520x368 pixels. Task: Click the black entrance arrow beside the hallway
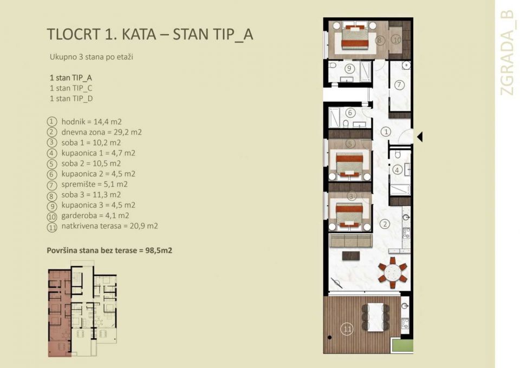[x=419, y=137]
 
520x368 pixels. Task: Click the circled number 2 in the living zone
[x=384, y=224]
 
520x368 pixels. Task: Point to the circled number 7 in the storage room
[x=399, y=85]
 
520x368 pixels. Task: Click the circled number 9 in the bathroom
[x=349, y=68]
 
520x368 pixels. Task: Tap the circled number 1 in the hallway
[x=385, y=131]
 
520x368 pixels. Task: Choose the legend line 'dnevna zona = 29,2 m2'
[x=101, y=132]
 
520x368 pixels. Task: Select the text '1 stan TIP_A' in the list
[x=70, y=77]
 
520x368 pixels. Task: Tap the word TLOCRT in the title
[x=73, y=34]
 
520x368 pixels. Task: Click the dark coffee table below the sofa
[x=351, y=256]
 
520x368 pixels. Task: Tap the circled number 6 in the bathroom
[x=350, y=113]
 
